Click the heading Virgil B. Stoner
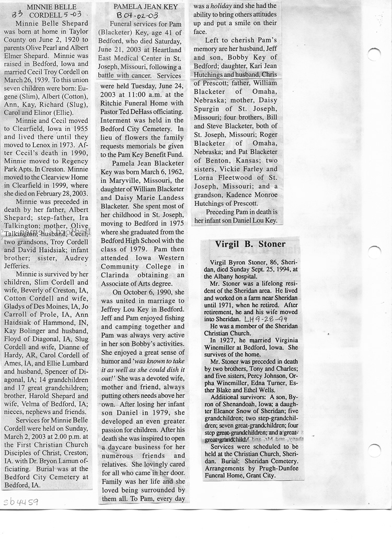[250, 244]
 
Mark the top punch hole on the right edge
[374, 54]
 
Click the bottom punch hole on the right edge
[374, 450]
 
